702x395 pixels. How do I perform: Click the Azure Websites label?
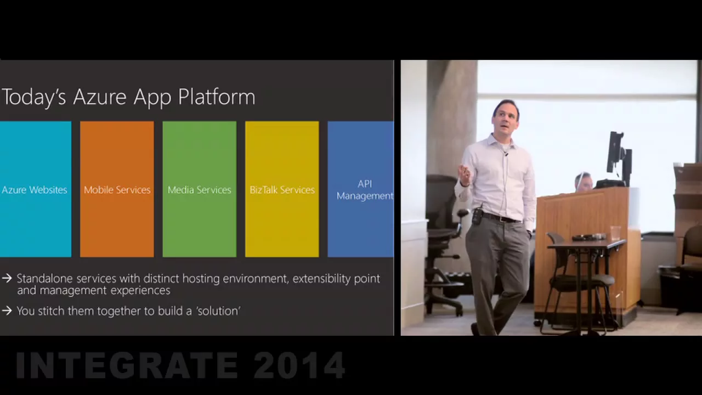[35, 190]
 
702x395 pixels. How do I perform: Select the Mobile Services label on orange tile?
[117, 190]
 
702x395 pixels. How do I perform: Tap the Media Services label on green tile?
[199, 190]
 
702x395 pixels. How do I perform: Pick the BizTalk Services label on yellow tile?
[282, 190]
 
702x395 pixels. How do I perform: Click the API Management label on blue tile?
[365, 190]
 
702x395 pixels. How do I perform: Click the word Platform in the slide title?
[217, 97]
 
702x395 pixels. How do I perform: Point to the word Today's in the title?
[34, 98]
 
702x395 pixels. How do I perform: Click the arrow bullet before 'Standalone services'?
[7, 278]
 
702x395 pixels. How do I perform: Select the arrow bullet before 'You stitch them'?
[7, 311]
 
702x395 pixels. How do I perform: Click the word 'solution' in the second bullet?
[218, 311]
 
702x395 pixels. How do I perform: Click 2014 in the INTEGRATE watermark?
[299, 365]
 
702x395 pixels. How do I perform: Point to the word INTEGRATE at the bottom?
[127, 365]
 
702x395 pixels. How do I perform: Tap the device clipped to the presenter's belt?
[477, 217]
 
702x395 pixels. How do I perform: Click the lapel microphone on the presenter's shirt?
[505, 154]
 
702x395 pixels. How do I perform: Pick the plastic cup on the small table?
[615, 233]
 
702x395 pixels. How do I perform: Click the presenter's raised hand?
[465, 173]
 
